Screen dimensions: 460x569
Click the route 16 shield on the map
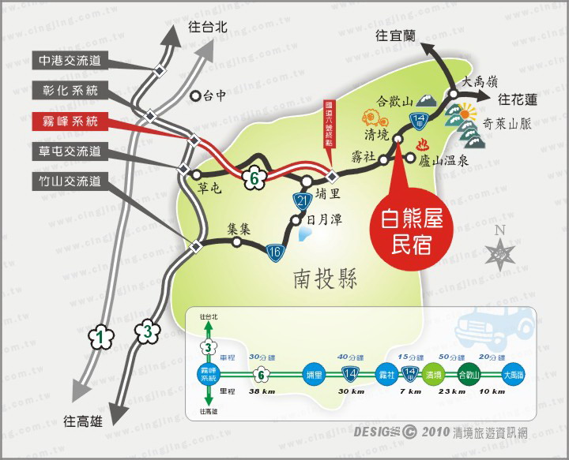pyautogui.click(x=275, y=252)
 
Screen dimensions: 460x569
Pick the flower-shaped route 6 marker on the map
pyautogui.click(x=253, y=178)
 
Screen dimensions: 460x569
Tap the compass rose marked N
pyautogui.click(x=499, y=252)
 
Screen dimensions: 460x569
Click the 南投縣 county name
pyautogui.click(x=325, y=279)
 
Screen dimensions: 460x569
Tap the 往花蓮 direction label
pyautogui.click(x=518, y=99)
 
